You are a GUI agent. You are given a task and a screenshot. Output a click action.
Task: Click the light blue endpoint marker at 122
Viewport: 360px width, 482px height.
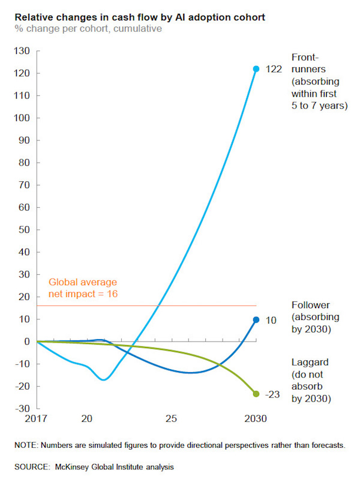256,69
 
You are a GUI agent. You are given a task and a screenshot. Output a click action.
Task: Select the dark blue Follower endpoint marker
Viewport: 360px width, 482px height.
256,320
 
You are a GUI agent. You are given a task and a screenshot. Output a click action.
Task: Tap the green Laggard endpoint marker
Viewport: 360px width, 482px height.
256,394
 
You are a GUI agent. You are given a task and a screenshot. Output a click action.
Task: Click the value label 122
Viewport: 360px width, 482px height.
274,70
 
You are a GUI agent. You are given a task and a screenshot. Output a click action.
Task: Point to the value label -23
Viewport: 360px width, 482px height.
274,394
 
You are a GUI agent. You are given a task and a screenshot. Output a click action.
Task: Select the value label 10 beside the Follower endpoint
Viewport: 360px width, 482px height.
271,321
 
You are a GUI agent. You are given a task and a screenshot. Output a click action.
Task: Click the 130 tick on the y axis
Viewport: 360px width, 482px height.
22,51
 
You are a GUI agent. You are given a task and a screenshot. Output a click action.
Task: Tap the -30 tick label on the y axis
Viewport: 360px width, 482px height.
22,408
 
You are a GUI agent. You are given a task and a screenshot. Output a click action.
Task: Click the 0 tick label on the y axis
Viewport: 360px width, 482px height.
27,342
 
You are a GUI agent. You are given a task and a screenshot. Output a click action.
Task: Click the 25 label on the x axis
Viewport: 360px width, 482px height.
172,418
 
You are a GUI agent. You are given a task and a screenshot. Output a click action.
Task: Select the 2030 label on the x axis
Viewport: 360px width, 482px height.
256,418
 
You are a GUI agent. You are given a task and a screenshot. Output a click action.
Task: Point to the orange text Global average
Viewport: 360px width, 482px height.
83,282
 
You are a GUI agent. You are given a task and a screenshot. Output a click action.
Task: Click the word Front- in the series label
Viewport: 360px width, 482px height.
305,58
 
